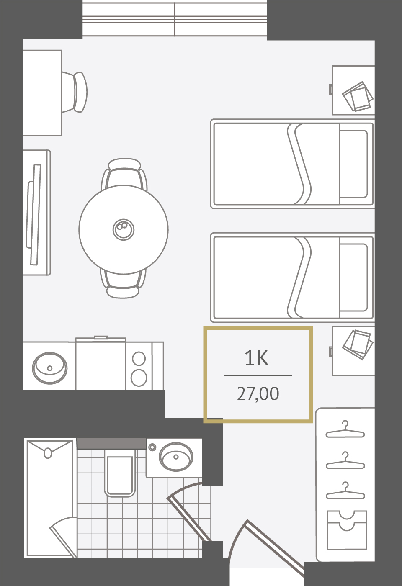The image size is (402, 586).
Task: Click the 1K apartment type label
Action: (x=256, y=358)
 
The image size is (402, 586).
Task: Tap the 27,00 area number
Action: (x=258, y=394)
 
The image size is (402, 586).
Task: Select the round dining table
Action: (x=124, y=229)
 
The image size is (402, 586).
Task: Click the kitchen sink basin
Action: (x=50, y=368)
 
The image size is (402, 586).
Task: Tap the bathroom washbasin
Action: (x=176, y=457)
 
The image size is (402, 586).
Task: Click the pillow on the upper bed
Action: (x=353, y=164)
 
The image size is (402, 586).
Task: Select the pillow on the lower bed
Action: (x=353, y=278)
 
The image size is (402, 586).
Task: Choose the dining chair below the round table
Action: (x=123, y=284)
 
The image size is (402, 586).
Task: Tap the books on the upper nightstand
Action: (x=357, y=96)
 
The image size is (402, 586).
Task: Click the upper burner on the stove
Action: (x=139, y=358)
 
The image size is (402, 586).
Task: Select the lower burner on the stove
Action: (x=139, y=378)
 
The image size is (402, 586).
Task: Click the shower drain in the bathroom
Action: (x=48, y=453)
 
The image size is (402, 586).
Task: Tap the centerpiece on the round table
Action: (x=123, y=229)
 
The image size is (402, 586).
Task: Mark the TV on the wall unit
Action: (x=34, y=214)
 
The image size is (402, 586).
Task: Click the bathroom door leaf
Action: (x=189, y=518)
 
